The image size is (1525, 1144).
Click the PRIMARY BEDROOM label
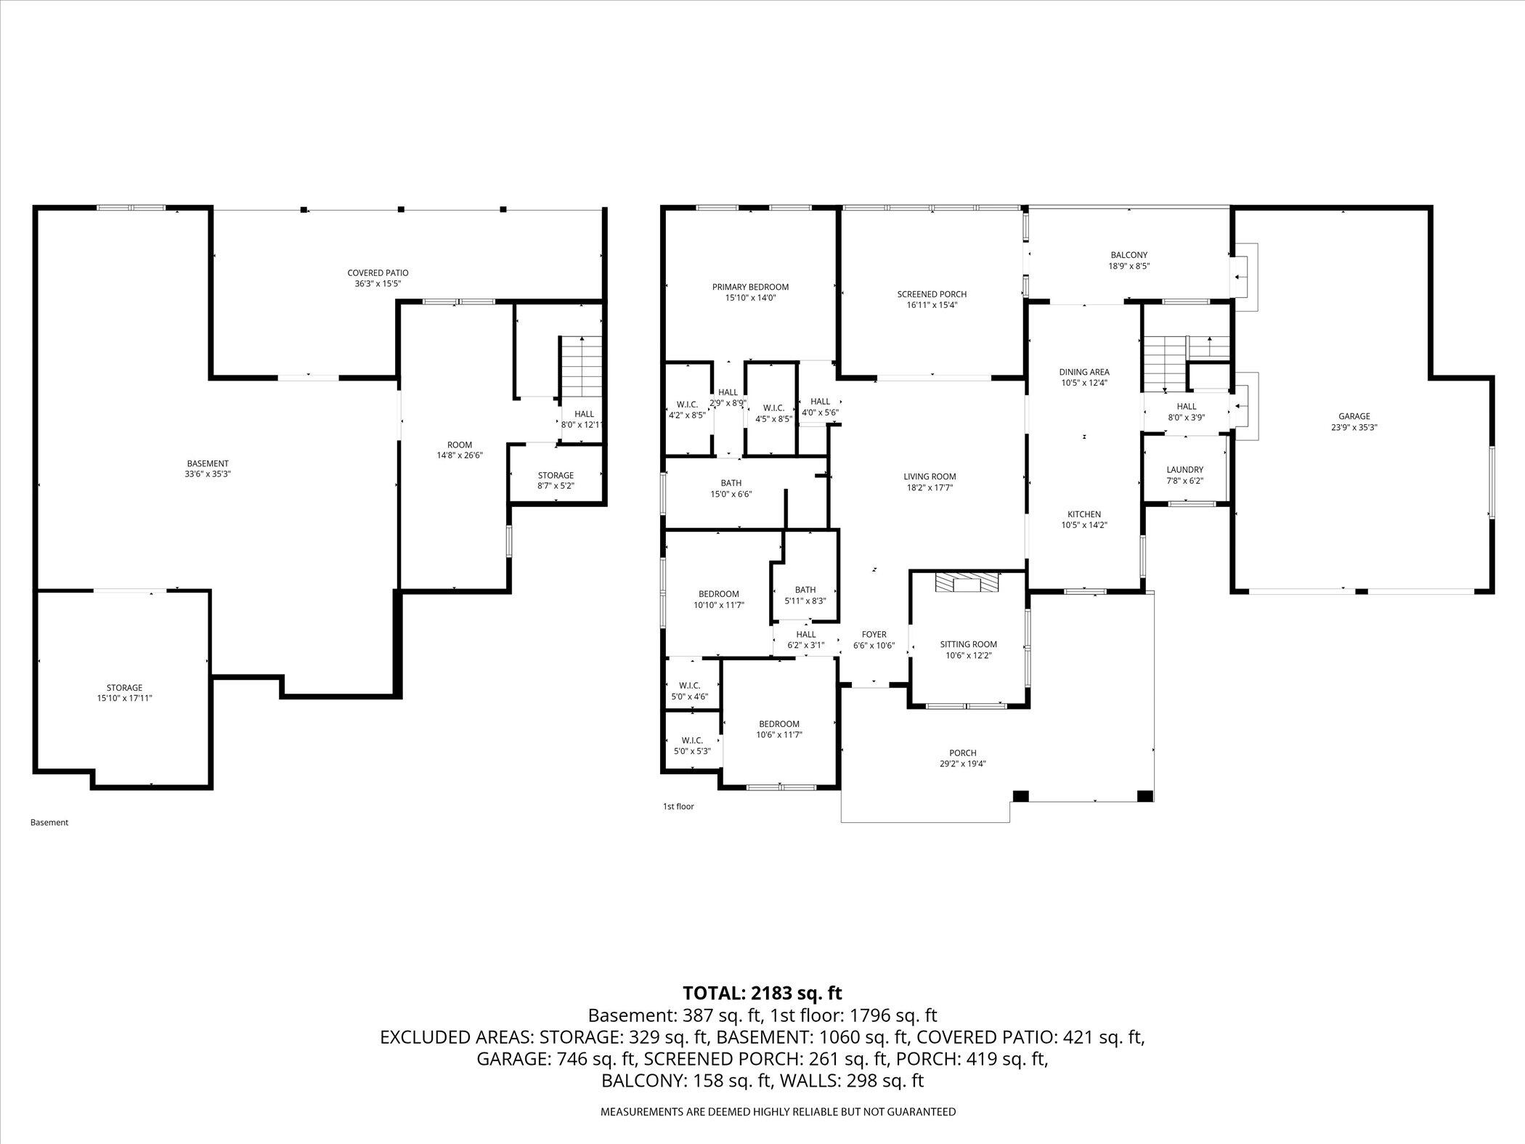coord(750,287)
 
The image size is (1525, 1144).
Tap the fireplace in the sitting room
coord(967,583)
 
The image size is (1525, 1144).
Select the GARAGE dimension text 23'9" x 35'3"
coord(1354,428)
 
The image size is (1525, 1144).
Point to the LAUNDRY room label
coord(1184,470)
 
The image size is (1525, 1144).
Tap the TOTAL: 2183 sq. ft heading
coord(762,992)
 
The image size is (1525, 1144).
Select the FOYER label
coord(874,634)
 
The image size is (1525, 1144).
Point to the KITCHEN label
coord(1083,514)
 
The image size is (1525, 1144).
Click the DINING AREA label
coord(1083,372)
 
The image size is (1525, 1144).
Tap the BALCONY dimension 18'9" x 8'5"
coord(1128,266)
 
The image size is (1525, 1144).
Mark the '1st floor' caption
coord(678,806)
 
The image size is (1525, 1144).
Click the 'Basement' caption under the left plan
coord(49,822)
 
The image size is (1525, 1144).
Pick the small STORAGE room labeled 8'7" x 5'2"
coord(556,476)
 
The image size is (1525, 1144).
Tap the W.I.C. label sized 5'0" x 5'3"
coord(692,740)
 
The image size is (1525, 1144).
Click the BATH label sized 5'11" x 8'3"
coord(805,590)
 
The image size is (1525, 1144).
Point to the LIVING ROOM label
coord(930,476)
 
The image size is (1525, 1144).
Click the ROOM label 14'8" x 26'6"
coord(459,445)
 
